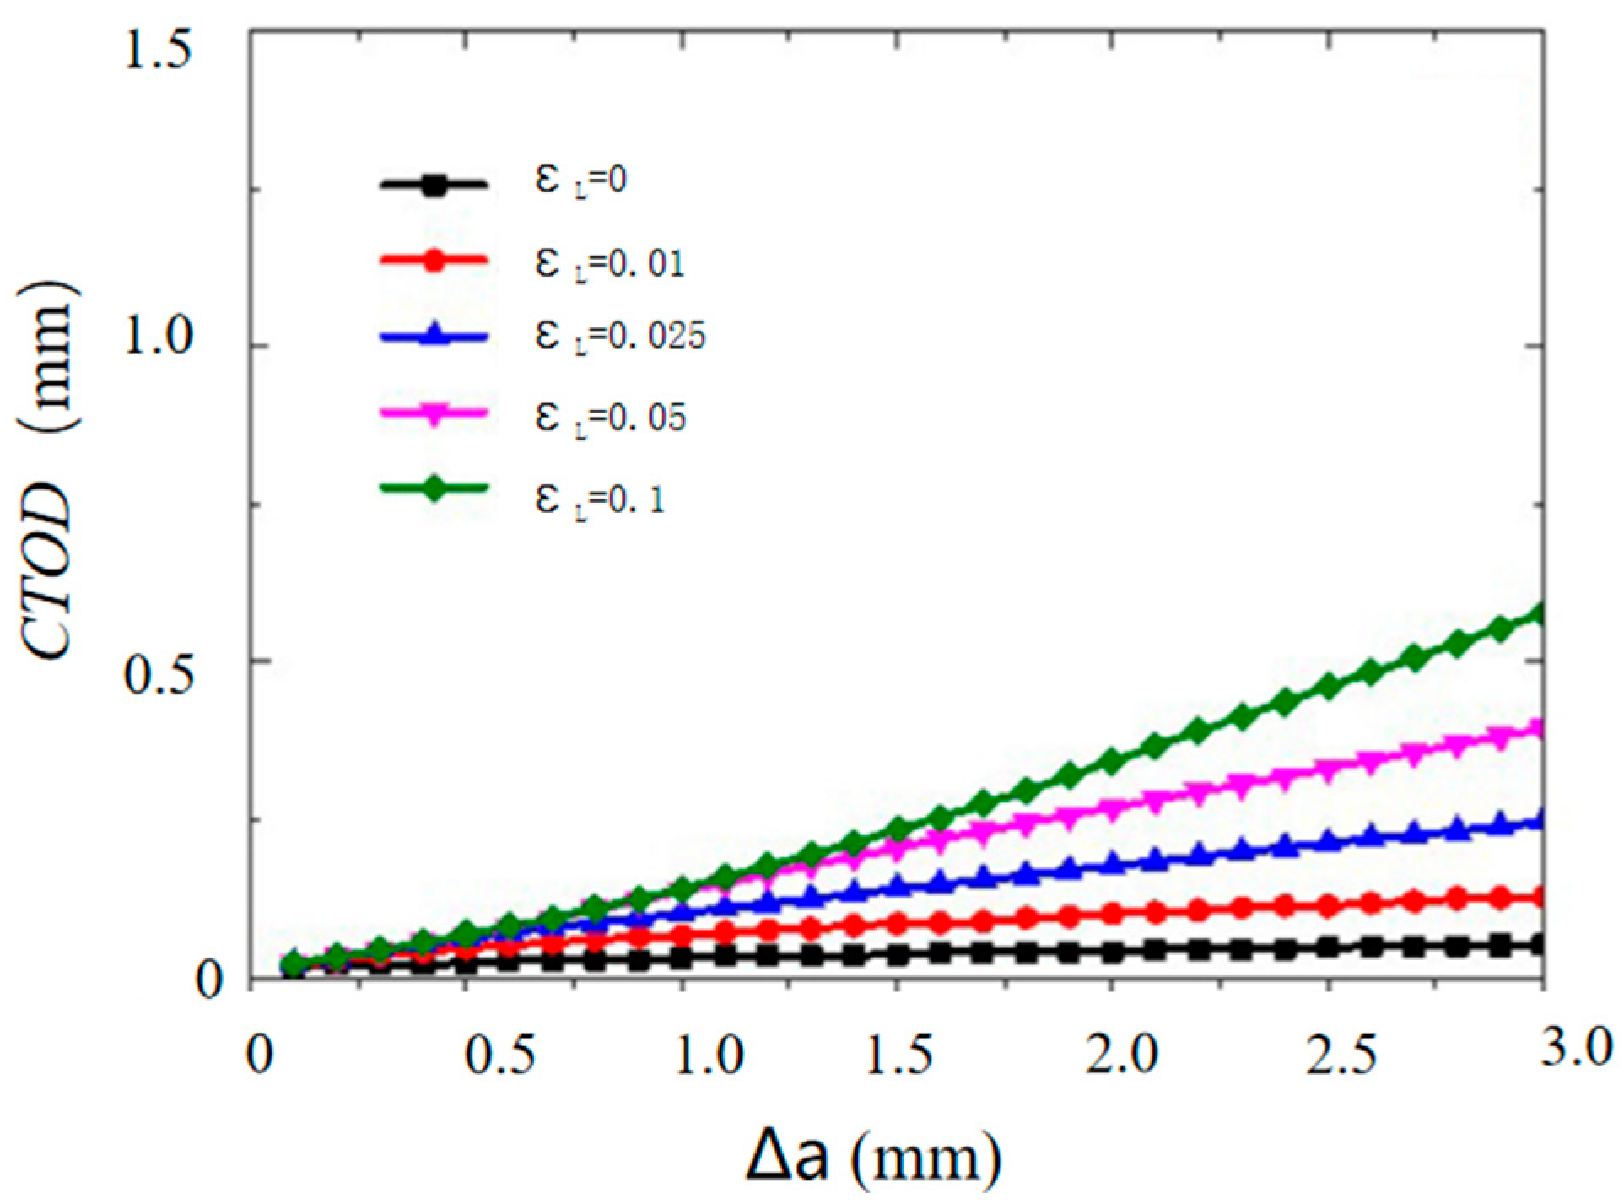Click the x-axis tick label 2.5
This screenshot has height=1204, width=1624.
(x=1341, y=1056)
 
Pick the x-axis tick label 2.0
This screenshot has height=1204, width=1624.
(x=1122, y=1056)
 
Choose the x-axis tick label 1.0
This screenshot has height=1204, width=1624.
(x=710, y=1056)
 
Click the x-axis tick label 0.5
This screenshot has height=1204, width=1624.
(x=500, y=1056)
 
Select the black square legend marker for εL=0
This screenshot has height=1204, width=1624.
(x=434, y=184)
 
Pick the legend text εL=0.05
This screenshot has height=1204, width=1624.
(x=610, y=416)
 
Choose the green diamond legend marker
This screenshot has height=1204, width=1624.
(x=434, y=489)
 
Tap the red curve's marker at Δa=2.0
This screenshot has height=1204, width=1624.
(x=1112, y=913)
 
